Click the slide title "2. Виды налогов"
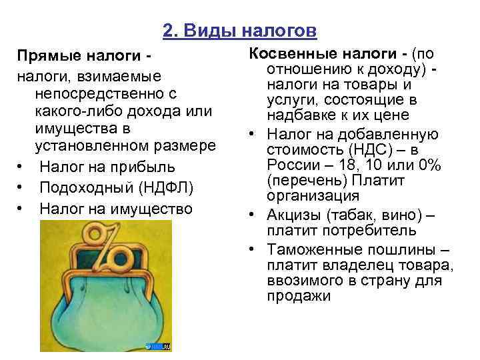[x=239, y=31]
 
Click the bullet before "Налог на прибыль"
[x=22, y=167]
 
